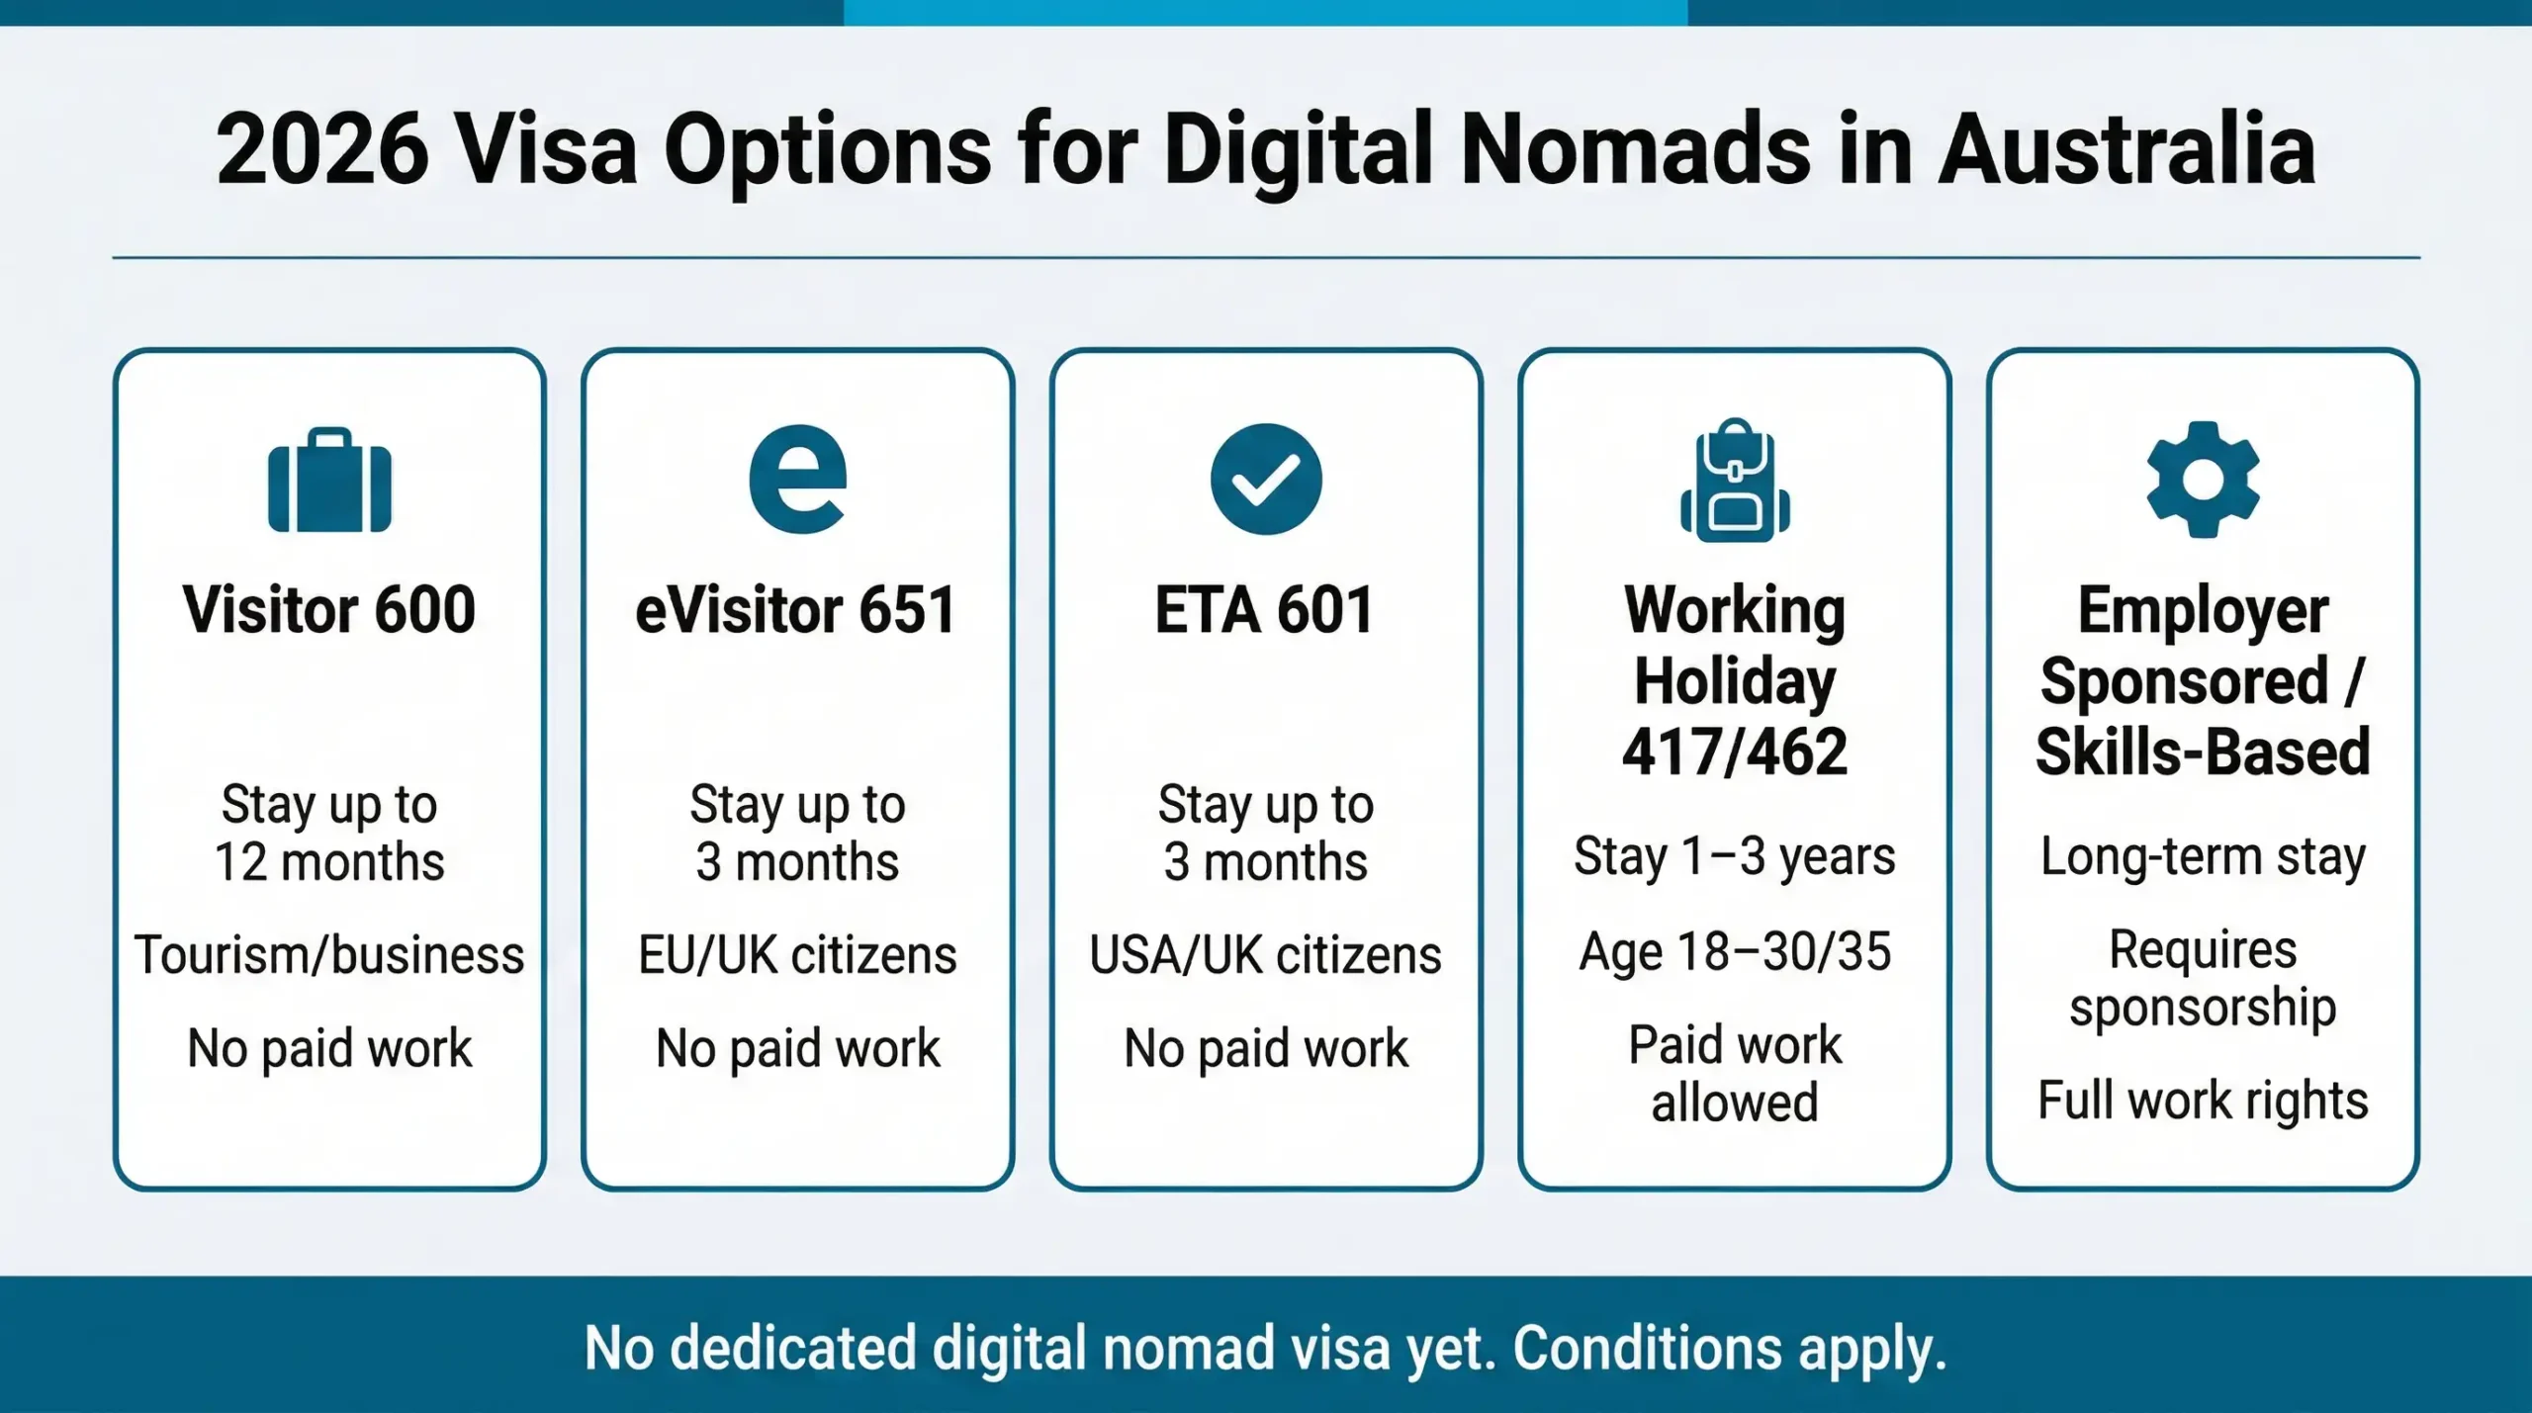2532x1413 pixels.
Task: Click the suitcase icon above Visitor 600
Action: (329, 482)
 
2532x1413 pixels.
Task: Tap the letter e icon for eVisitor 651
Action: (797, 480)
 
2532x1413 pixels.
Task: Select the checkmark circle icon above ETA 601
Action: (1266, 480)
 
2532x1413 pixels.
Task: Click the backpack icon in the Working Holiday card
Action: (1735, 481)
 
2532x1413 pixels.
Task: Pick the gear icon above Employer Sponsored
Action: (2203, 480)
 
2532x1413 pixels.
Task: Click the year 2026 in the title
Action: (322, 150)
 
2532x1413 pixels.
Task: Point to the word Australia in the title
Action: (2126, 150)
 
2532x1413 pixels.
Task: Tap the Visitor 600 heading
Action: (329, 610)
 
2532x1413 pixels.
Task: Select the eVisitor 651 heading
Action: (796, 610)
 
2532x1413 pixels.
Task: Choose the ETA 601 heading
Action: (1265, 610)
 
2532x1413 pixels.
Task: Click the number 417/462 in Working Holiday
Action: (1735, 752)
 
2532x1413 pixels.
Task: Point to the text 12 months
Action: (329, 862)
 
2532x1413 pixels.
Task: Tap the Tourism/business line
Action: (329, 955)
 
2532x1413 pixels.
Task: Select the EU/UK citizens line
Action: (797, 955)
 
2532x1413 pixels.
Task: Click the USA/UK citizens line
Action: (1265, 955)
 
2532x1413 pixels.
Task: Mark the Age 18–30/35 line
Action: (1735, 952)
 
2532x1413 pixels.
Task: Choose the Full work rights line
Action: (2203, 1101)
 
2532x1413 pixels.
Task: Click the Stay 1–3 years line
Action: (1735, 856)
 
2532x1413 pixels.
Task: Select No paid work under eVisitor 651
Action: (797, 1048)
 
